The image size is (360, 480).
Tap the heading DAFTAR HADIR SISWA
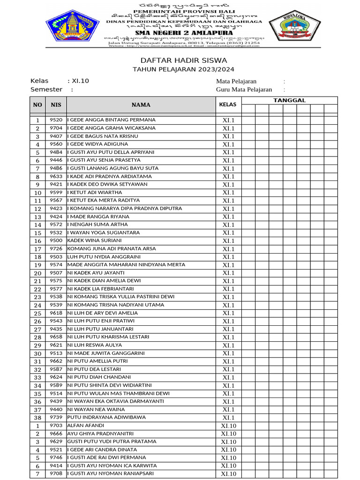tap(184, 60)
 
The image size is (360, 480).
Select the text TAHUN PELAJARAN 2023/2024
tap(183, 69)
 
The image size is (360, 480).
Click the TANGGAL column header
tap(289, 100)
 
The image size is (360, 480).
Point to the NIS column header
tap(56, 105)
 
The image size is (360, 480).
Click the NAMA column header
tap(141, 105)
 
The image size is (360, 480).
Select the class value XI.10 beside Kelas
tap(80, 81)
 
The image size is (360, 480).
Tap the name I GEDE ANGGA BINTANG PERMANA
tap(112, 120)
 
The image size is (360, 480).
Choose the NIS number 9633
tap(56, 177)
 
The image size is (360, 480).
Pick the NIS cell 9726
tap(56, 249)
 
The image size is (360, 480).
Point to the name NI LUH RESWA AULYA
tap(95, 345)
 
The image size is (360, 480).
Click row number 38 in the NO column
tap(37, 418)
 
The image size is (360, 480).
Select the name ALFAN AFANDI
tap(86, 426)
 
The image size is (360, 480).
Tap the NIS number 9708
tap(56, 474)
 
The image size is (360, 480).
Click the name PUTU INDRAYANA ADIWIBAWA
tap(106, 417)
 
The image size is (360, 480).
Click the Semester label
tap(46, 90)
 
